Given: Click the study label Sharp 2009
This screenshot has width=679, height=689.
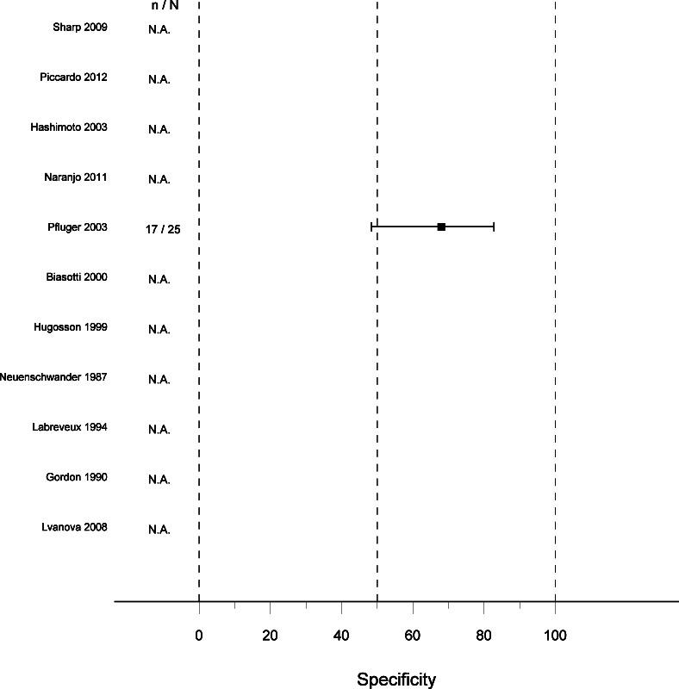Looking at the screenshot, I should click(x=80, y=28).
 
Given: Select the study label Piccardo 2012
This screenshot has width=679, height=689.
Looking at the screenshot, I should click(x=73, y=78).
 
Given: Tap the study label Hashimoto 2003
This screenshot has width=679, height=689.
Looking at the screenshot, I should click(x=69, y=127).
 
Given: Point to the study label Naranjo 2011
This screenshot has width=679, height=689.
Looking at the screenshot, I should click(x=75, y=177).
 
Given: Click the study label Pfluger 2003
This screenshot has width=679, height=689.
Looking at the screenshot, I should click(x=78, y=227).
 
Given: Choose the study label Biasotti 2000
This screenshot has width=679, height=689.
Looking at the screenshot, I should click(x=76, y=277).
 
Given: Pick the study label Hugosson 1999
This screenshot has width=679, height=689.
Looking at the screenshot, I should click(x=71, y=327).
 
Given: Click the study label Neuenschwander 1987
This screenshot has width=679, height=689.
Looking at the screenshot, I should click(x=53, y=377).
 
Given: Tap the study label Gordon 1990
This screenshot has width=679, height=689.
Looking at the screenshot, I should click(x=77, y=477).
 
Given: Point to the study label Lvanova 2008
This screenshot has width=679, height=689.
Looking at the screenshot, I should click(x=74, y=527).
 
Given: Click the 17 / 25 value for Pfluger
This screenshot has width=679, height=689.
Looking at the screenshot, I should click(x=163, y=229).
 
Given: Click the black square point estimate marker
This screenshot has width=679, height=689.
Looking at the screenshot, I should click(x=441, y=227).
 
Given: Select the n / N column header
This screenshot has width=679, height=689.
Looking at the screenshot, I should click(x=165, y=5).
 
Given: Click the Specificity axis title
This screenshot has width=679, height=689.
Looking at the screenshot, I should click(x=396, y=680).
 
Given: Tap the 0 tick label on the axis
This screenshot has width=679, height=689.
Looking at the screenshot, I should click(x=199, y=636).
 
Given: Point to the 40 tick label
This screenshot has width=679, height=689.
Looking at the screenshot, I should click(x=341, y=636).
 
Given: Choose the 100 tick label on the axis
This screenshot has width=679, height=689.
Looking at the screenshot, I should click(x=555, y=636).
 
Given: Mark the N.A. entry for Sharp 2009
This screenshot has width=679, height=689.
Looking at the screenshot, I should click(x=159, y=29).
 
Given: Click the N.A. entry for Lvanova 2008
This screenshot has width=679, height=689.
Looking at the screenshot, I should click(x=159, y=529).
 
